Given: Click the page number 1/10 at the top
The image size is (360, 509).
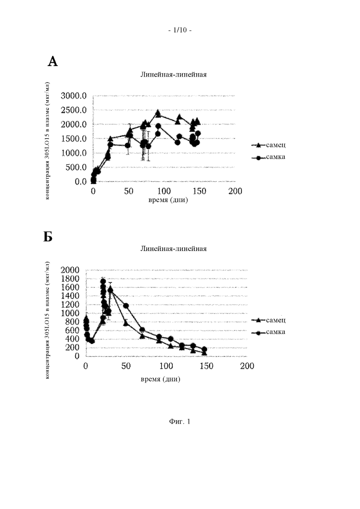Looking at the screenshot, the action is coord(180,30).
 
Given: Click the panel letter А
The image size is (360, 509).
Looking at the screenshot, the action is coord(53,61).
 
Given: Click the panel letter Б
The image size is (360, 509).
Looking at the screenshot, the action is coord(48,237).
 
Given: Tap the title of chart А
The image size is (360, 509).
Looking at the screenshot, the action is coord(174,74).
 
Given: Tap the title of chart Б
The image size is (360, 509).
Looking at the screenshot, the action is coord(174,249).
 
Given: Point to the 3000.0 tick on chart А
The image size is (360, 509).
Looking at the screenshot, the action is coord(74,96).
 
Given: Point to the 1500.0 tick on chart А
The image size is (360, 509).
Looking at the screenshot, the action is coord(74,138).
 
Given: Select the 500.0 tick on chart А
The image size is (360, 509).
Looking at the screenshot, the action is coord(76,167).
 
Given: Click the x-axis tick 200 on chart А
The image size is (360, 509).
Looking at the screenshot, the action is coord(235,191).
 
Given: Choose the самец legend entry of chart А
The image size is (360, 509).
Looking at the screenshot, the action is coord(269,145).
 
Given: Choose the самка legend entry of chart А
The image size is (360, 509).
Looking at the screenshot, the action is coord(269,157).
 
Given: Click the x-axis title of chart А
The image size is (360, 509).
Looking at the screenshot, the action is coord(168,200).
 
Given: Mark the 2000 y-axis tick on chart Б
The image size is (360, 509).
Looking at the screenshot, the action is coord(70,270).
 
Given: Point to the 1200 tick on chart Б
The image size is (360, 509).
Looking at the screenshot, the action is coord(70,305).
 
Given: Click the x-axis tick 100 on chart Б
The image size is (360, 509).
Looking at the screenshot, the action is coord(166,366).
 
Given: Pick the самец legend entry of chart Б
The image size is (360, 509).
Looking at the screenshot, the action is coord(269,320).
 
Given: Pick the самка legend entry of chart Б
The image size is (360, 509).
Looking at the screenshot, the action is coord(269,332).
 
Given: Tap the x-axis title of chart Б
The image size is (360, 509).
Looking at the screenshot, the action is coord(160,379).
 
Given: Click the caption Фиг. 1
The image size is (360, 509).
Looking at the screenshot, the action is coord(180,422).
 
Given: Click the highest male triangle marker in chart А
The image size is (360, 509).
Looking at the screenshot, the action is coord(158,113).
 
